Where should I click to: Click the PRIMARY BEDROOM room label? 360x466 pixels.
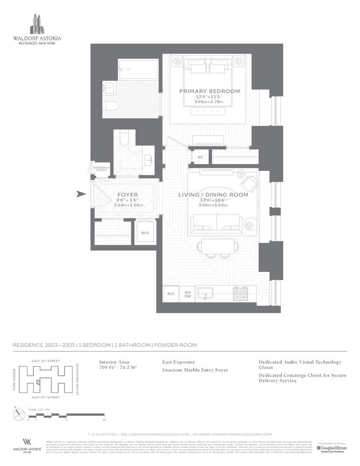point(210,91)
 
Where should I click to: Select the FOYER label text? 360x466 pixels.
point(127,195)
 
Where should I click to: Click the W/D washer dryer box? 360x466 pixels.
point(145,233)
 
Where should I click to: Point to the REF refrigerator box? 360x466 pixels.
point(171,294)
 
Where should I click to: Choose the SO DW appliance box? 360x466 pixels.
point(187,294)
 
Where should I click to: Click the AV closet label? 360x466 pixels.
point(200,158)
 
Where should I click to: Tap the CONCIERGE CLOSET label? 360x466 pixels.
point(101,169)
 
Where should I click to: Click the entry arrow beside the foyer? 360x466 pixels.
point(81,194)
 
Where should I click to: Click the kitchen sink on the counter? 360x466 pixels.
point(204,293)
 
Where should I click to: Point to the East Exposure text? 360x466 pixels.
point(179,362)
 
